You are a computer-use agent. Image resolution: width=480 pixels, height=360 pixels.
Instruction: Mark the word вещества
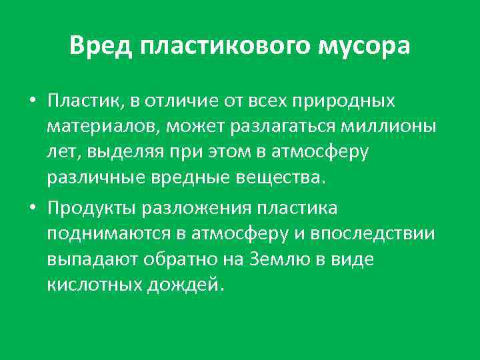pyautogui.click(x=288, y=178)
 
